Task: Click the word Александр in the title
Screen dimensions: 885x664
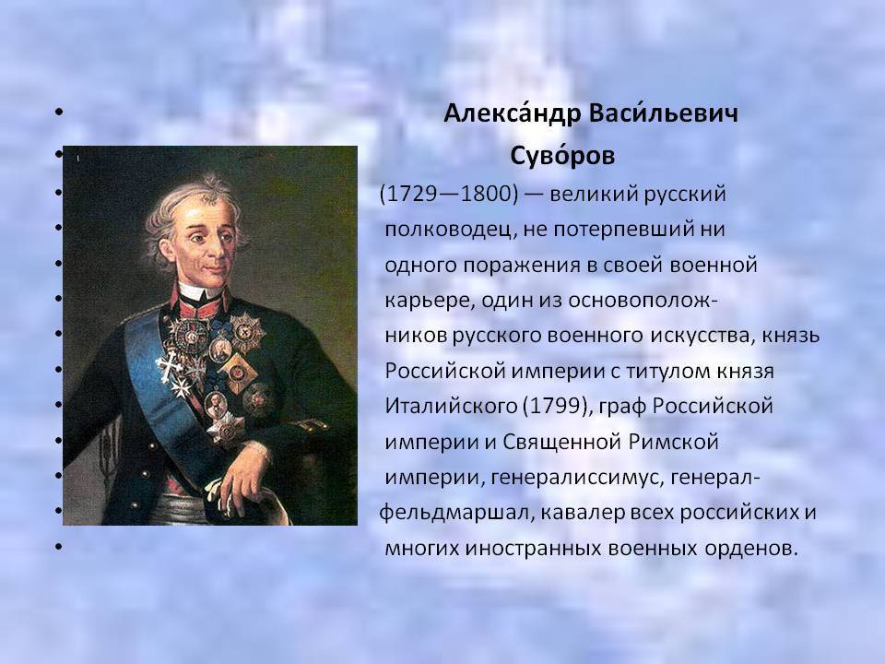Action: pos(512,113)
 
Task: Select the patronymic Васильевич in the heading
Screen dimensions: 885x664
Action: pos(663,113)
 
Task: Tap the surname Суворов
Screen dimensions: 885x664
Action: pos(562,156)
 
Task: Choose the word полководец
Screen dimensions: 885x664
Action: pos(447,230)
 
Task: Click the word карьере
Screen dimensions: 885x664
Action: pos(429,301)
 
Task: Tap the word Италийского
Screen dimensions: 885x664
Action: pos(451,406)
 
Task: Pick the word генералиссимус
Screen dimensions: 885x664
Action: pos(575,478)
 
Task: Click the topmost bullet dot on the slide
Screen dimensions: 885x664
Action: pos(59,112)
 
